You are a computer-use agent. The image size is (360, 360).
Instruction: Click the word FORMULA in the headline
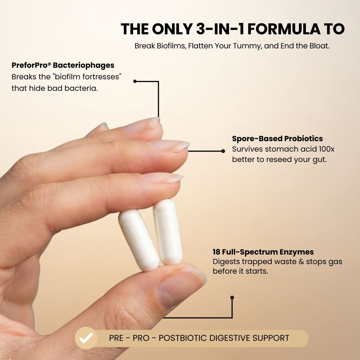(x=284, y=29)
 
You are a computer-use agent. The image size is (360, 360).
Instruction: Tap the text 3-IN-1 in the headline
(x=220, y=29)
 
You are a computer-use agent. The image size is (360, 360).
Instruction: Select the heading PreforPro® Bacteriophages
(x=63, y=65)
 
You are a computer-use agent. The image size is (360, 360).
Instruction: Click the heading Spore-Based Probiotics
(x=277, y=139)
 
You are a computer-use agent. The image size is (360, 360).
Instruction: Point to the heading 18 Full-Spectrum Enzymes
(x=263, y=252)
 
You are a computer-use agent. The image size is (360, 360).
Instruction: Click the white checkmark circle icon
(x=86, y=338)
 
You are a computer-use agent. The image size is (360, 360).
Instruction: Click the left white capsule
(x=139, y=240)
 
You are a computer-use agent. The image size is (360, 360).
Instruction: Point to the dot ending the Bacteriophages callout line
(x=135, y=81)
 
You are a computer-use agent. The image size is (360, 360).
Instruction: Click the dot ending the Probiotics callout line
(x=223, y=151)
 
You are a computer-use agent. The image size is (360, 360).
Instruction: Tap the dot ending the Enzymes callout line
(x=232, y=298)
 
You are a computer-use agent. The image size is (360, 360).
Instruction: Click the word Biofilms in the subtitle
(x=171, y=46)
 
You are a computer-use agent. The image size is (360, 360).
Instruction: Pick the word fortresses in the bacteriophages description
(x=101, y=77)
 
